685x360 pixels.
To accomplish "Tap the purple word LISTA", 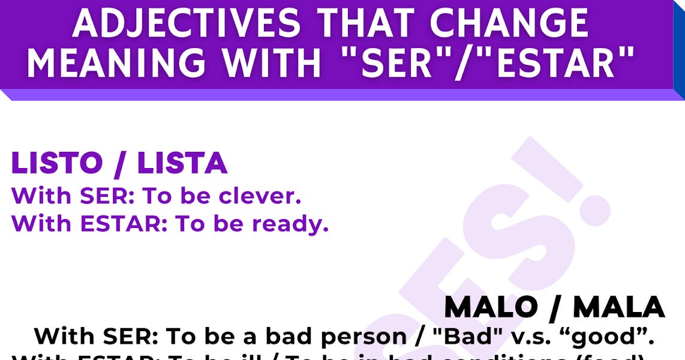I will point(182,164).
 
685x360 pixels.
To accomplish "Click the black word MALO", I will point(491,308).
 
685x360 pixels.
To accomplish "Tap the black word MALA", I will point(618,308).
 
